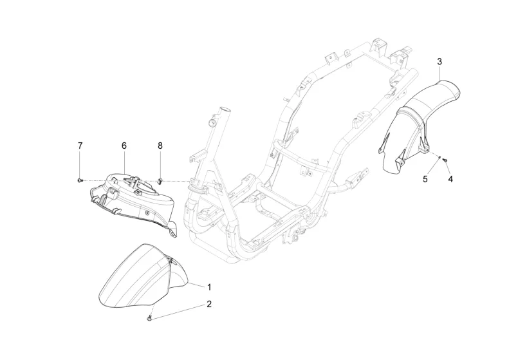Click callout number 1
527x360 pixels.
(208, 286)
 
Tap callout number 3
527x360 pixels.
(439, 62)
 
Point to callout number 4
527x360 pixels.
(450, 179)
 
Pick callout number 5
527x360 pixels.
(425, 179)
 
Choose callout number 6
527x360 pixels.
(124, 146)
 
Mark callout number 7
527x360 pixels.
(80, 146)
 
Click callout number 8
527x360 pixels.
(160, 146)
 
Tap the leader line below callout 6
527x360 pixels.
(124, 161)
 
